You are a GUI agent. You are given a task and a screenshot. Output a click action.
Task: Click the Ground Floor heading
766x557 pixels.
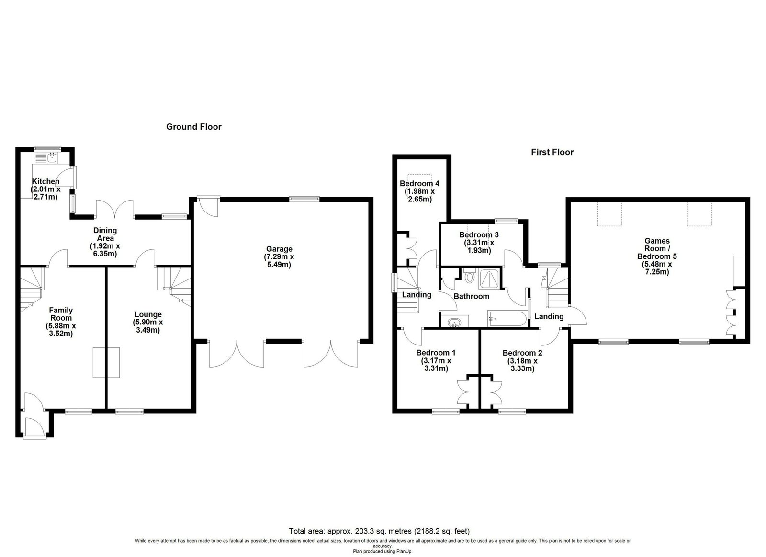pyautogui.click(x=194, y=127)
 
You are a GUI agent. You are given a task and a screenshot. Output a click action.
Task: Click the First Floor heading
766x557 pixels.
pyautogui.click(x=552, y=152)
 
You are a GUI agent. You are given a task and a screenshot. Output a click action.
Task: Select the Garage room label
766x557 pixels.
pyautogui.click(x=279, y=256)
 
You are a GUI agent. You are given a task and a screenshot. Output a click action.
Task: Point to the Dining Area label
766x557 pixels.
pyautogui.click(x=105, y=242)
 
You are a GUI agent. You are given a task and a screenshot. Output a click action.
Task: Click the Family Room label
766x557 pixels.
pyautogui.click(x=61, y=322)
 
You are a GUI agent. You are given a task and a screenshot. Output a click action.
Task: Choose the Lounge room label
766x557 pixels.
pyautogui.click(x=148, y=322)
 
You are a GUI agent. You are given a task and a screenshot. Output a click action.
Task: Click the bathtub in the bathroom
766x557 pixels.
pyautogui.click(x=507, y=319)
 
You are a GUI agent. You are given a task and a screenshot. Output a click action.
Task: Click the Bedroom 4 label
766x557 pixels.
pyautogui.click(x=419, y=191)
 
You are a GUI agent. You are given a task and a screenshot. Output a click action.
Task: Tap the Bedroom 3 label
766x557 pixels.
pyautogui.click(x=479, y=243)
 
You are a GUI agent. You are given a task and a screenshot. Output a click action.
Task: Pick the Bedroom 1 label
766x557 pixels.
pyautogui.click(x=436, y=360)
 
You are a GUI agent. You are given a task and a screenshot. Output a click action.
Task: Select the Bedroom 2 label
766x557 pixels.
pyautogui.click(x=522, y=360)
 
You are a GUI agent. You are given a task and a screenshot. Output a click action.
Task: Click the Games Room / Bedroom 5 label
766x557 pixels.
pyautogui.click(x=657, y=256)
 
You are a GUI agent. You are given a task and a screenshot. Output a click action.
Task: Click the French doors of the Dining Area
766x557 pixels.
pyautogui.click(x=114, y=209)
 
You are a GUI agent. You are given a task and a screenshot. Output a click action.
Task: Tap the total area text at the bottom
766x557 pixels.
pyautogui.click(x=379, y=531)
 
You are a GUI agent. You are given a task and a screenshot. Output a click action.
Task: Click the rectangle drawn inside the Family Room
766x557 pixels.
pyautogui.click(x=106, y=362)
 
